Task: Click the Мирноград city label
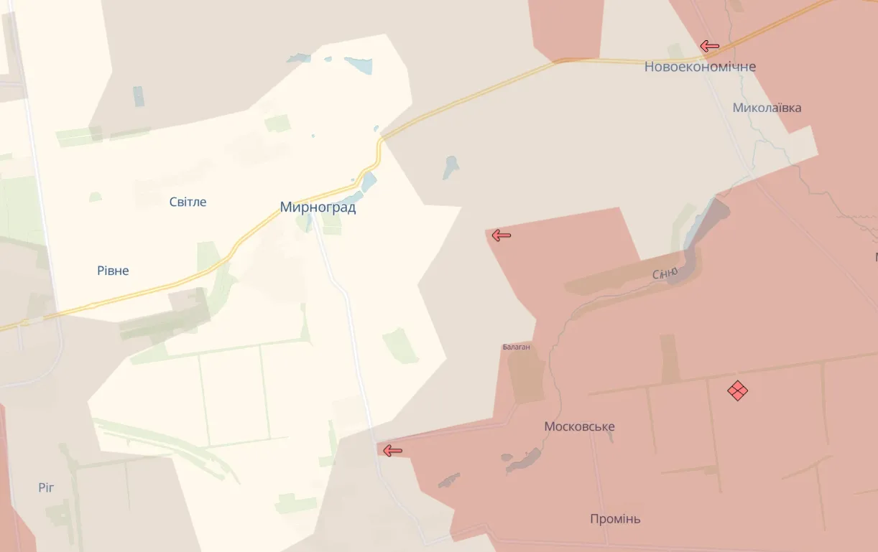pyautogui.click(x=318, y=207)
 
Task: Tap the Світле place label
pyautogui.click(x=188, y=202)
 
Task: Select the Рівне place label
pyautogui.click(x=113, y=271)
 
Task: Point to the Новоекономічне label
pyautogui.click(x=700, y=67)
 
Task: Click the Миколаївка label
pyautogui.click(x=767, y=108)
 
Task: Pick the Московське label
pyautogui.click(x=579, y=426)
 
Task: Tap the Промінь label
pyautogui.click(x=615, y=519)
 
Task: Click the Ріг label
pyautogui.click(x=47, y=488)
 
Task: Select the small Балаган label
pyautogui.click(x=516, y=347)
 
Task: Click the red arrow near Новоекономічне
pyautogui.click(x=710, y=47)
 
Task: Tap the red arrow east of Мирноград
pyautogui.click(x=501, y=235)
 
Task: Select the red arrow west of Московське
pyautogui.click(x=392, y=451)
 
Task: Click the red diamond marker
pyautogui.click(x=737, y=390)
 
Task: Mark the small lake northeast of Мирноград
pyautogui.click(x=450, y=167)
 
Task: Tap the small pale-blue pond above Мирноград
pyautogui.click(x=358, y=66)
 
